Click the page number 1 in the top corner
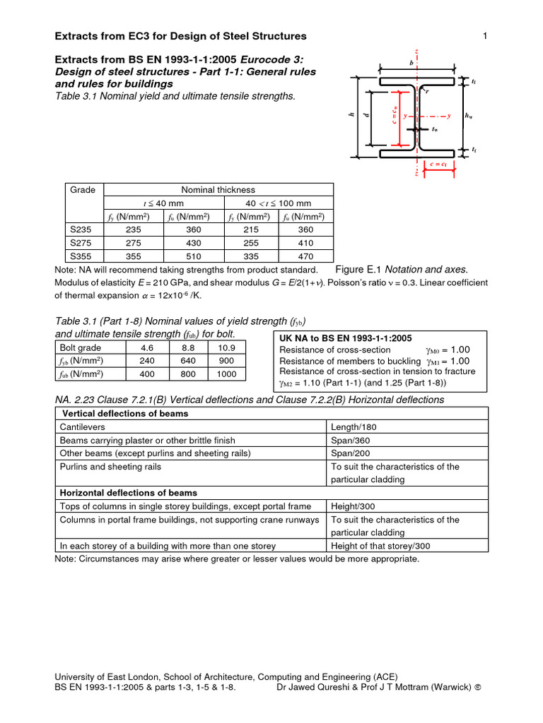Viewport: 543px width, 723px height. [x=486, y=36]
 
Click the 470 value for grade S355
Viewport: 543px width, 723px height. [x=305, y=256]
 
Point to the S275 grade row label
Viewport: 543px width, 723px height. [x=80, y=243]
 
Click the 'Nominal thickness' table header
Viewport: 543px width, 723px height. [x=218, y=190]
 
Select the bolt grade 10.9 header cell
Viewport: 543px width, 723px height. [x=227, y=347]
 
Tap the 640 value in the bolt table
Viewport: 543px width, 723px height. [x=187, y=360]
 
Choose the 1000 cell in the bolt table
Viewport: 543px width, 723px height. [x=227, y=374]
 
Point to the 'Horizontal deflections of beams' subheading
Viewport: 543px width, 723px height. [x=129, y=493]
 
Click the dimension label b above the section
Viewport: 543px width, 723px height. [x=411, y=63]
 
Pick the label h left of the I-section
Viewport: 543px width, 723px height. [x=351, y=115]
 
